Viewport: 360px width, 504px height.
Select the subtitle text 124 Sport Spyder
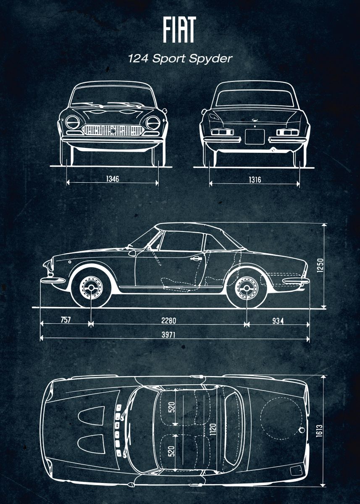[x=180, y=58]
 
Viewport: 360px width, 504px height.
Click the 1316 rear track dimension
[x=255, y=180]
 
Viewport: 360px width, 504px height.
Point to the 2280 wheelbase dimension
[x=168, y=321]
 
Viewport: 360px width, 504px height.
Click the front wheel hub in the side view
[x=91, y=289]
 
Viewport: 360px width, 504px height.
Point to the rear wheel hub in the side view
[x=247, y=289]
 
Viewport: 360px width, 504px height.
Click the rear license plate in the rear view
[x=255, y=136]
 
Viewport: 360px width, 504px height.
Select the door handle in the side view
[x=195, y=259]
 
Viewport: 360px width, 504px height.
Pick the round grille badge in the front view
[x=113, y=131]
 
